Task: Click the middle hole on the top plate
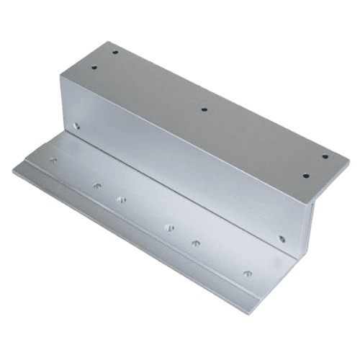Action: point(204,110)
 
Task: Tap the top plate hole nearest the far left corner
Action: point(94,66)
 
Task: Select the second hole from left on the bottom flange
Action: point(96,186)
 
